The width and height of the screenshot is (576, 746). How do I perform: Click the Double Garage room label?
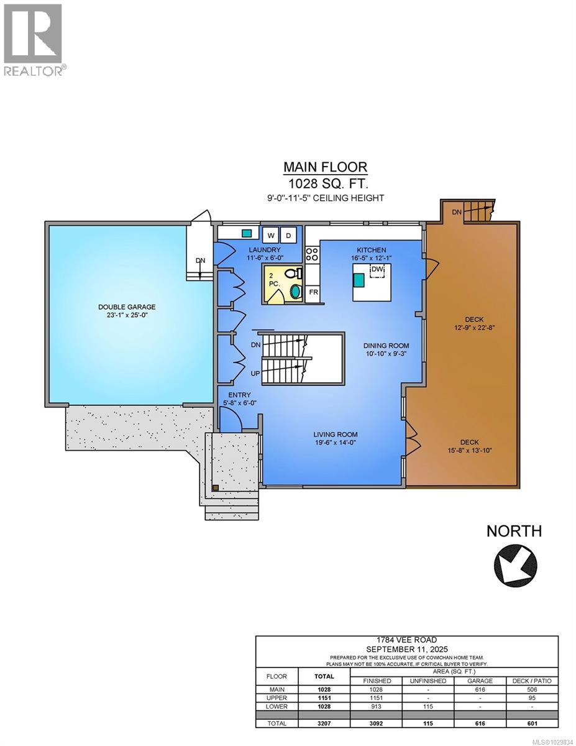tap(127, 306)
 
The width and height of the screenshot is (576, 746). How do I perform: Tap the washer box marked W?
tap(270, 235)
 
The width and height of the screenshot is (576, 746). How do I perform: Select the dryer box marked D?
tap(288, 235)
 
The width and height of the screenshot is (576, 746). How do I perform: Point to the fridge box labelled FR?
tap(314, 292)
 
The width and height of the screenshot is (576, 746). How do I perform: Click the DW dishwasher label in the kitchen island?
tap(377, 269)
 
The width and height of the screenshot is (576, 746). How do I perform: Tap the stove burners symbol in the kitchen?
tap(312, 253)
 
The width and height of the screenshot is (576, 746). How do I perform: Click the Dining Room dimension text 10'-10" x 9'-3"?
tap(386, 354)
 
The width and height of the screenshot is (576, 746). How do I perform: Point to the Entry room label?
tap(239, 395)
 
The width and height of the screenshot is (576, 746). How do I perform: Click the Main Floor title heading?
tap(325, 167)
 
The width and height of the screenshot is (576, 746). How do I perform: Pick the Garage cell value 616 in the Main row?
tap(480, 689)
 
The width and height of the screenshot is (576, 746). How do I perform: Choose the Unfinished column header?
tap(428, 681)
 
